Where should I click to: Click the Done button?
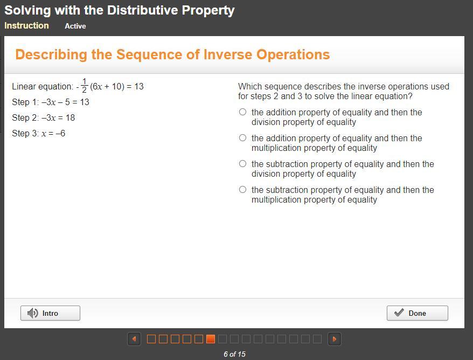tap(417, 313)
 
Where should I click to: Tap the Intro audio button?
tap(51, 313)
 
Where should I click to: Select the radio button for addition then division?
tap(242, 112)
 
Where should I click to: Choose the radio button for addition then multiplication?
tap(242, 138)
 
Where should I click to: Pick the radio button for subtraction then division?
tap(242, 163)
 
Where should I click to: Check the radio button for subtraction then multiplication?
tap(242, 190)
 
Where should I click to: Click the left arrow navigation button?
tap(134, 339)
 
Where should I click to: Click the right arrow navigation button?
tap(335, 339)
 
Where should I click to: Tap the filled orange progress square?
tap(211, 339)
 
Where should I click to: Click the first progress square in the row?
tap(151, 339)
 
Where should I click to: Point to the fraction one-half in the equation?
tap(84, 86)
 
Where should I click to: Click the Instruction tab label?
tap(26, 26)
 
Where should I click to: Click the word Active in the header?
tap(75, 26)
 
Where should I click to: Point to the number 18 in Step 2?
tap(70, 117)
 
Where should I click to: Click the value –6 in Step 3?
tap(60, 133)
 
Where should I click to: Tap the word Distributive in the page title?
tap(142, 10)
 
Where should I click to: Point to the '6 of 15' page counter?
tap(234, 354)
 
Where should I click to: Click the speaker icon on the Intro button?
tap(32, 313)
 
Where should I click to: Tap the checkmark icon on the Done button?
tap(399, 313)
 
